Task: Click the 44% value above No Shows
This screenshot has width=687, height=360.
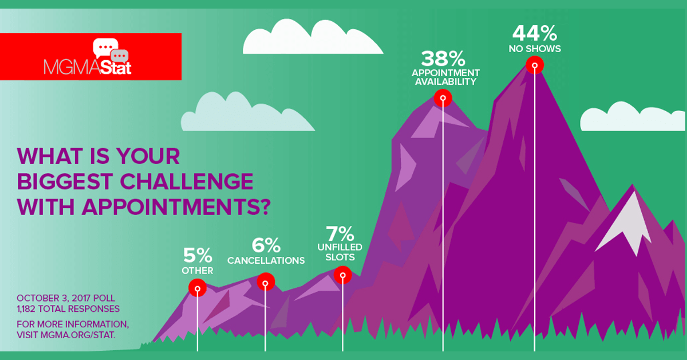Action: click(x=535, y=33)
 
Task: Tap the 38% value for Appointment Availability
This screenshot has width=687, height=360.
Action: click(x=443, y=58)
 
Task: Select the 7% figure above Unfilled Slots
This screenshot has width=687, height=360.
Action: click(x=340, y=234)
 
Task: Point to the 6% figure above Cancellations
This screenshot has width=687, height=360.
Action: click(x=266, y=245)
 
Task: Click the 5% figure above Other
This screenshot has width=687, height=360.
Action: click(x=198, y=255)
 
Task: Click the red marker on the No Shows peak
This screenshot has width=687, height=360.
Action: click(x=535, y=65)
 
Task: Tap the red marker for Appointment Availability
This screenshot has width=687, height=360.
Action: click(x=443, y=98)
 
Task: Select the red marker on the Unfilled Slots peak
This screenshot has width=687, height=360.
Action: click(x=342, y=275)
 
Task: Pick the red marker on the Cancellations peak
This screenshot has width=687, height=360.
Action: click(x=266, y=281)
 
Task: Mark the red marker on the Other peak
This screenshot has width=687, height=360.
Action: click(x=198, y=288)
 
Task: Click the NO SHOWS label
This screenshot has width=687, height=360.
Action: click(x=535, y=49)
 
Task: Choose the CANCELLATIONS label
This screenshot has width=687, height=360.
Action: click(x=266, y=260)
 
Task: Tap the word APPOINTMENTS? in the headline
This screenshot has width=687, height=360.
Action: click(x=176, y=207)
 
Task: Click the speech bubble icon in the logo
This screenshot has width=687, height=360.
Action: click(x=110, y=49)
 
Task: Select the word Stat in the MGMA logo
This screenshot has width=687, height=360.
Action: click(x=116, y=68)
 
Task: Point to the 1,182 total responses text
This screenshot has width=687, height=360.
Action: click(x=68, y=309)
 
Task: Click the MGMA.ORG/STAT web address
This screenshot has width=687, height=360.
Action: click(x=78, y=335)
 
